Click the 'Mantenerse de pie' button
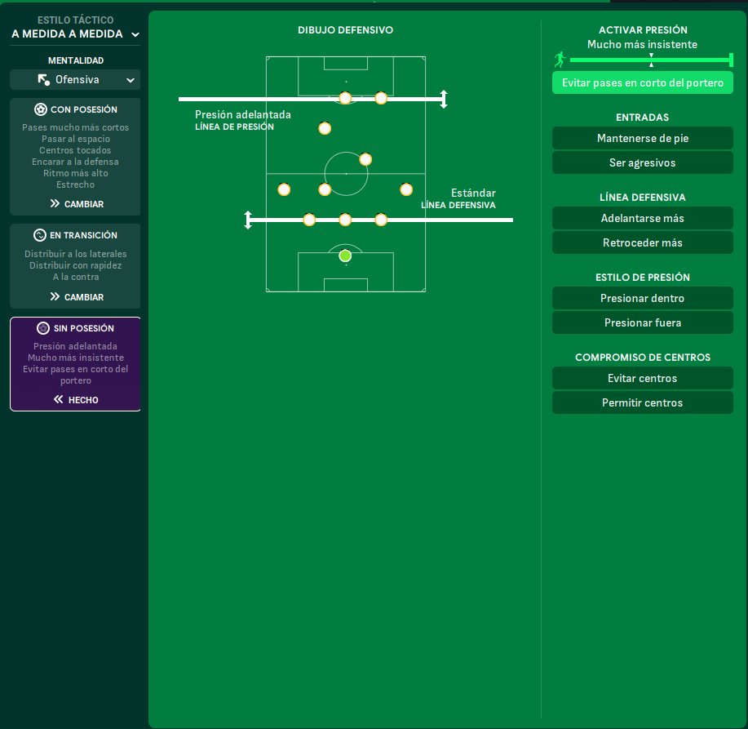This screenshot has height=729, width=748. (x=642, y=138)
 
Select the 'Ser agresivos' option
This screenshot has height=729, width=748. (x=642, y=162)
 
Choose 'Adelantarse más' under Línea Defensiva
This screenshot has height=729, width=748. (x=642, y=218)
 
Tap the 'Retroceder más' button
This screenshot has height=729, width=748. (x=642, y=242)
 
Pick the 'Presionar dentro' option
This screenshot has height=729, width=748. (x=642, y=298)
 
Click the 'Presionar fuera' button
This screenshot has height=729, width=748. (x=642, y=322)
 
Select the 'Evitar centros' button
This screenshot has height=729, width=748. (x=642, y=378)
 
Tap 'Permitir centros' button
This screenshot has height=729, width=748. (x=642, y=402)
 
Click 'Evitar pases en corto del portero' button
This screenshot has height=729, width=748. (x=642, y=82)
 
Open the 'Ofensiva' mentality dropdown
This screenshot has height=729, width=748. (x=75, y=79)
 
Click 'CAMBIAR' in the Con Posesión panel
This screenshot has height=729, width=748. (x=76, y=204)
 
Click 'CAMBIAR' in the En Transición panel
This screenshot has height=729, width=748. (x=76, y=297)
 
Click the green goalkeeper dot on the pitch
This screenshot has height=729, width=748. (x=345, y=256)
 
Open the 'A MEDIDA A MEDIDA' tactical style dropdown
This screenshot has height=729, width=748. (x=75, y=34)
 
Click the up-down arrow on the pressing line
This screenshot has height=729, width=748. (x=444, y=99)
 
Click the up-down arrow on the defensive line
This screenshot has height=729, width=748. (x=248, y=220)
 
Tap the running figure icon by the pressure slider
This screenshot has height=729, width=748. (x=560, y=60)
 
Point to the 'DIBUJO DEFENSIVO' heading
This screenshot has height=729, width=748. (x=345, y=29)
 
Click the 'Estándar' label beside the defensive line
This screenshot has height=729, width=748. (x=473, y=193)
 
